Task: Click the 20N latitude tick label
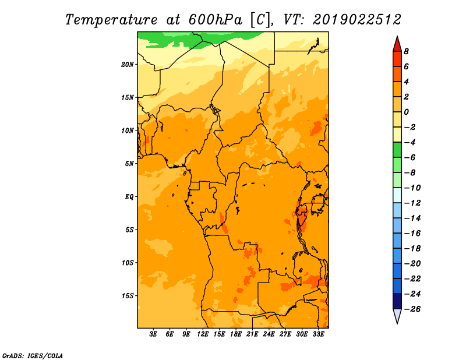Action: [128, 65]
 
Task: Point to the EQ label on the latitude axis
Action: [129, 197]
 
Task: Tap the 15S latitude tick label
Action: [128, 296]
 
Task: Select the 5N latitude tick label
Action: [129, 164]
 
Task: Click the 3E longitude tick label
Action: [153, 334]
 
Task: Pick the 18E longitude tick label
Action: [235, 334]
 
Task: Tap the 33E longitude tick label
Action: [318, 334]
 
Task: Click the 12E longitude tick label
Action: [202, 334]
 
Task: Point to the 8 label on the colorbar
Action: [406, 51]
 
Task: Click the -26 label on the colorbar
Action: [412, 309]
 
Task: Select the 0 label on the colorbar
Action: [406, 112]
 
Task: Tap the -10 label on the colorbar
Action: [412, 188]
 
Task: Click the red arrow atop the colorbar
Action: [397, 45]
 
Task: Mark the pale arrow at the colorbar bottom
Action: [397, 316]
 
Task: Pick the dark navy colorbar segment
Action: [397, 301]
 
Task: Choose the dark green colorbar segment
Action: [397, 150]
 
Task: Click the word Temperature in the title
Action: [111, 20]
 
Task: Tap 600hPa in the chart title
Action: [216, 20]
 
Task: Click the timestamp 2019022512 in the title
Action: [357, 20]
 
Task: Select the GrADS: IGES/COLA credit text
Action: [33, 355]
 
